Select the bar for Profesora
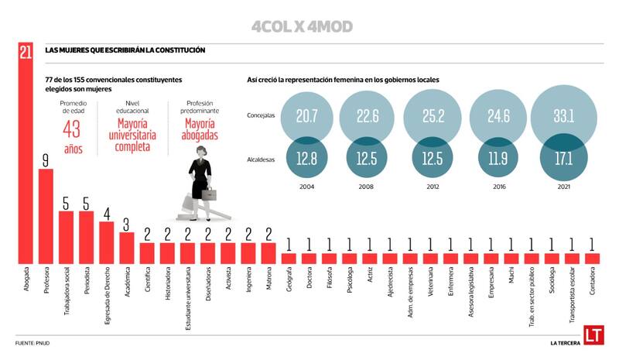coord(46,216)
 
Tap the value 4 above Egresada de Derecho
coord(106,213)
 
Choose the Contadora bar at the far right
coord(591,258)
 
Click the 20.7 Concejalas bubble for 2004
coord(307,117)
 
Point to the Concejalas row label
coord(262,116)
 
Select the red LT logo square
coord(593,332)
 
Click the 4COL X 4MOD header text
coord(302,27)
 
